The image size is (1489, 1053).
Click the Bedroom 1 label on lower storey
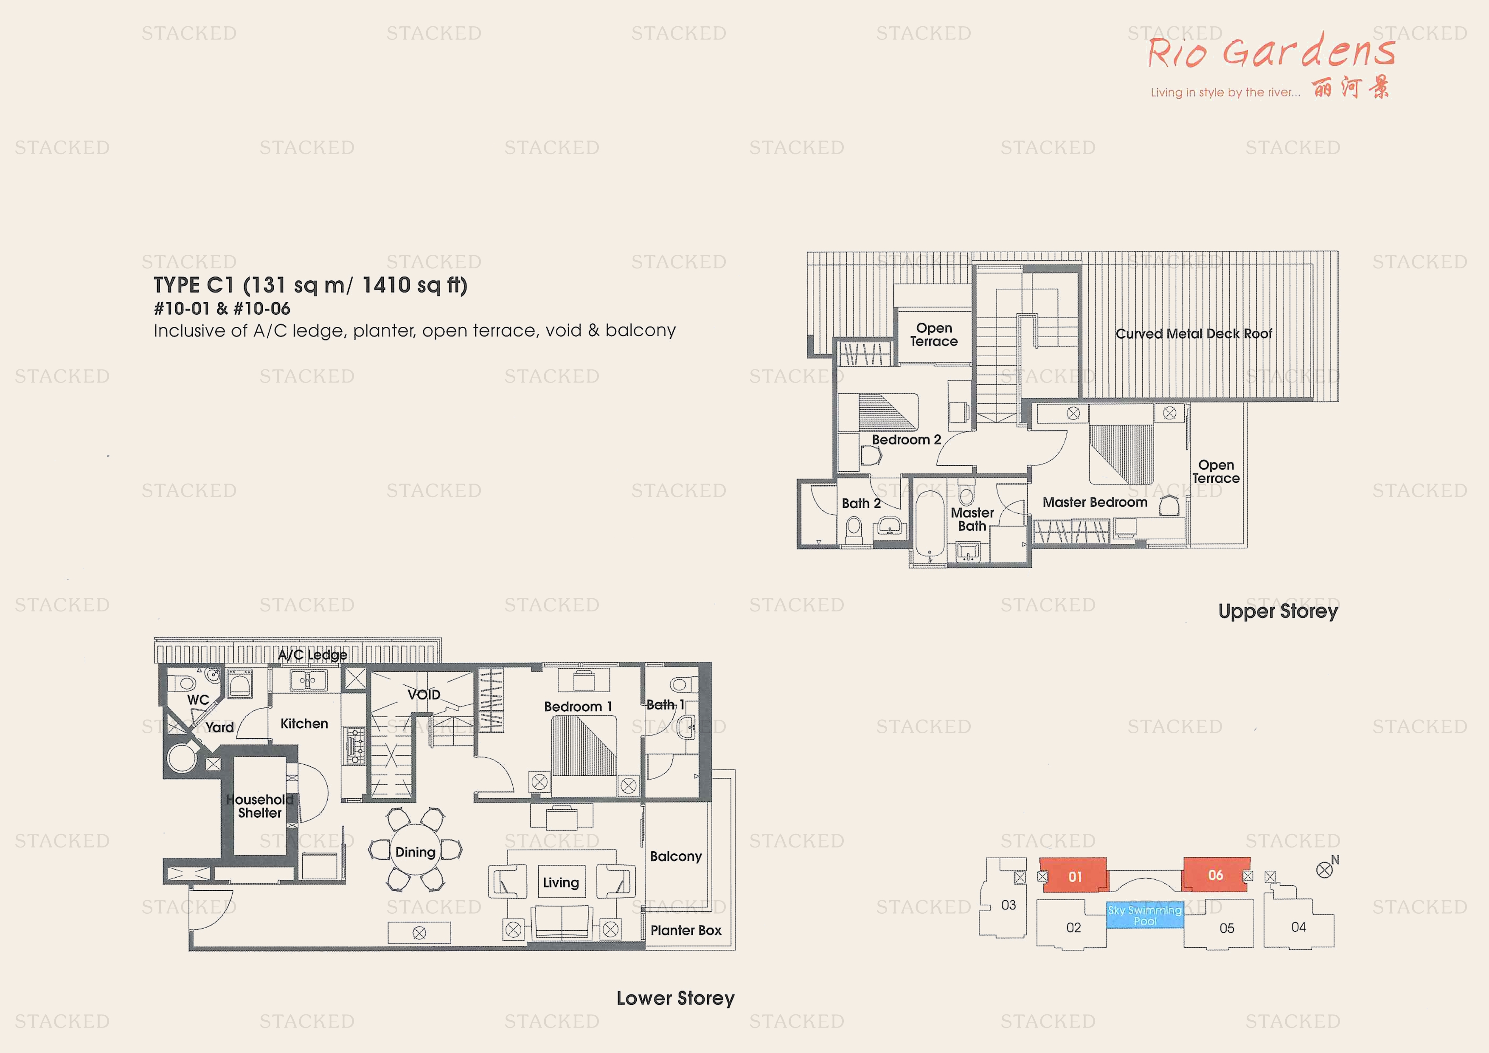pos(577,707)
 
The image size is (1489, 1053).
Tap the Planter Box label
pos(686,930)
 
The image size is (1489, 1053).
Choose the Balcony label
pos(676,856)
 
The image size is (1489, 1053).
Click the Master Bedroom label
pos(1095,502)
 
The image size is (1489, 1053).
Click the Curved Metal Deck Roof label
pos(1193,333)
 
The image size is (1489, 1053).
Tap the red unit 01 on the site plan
pos(1075,876)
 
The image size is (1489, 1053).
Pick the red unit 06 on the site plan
pos(1215,875)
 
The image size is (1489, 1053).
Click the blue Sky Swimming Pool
pos(1145,915)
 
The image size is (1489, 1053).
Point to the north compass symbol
pos(1324,870)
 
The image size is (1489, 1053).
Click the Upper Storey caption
pos(1278,611)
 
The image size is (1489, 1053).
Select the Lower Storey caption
pos(675,998)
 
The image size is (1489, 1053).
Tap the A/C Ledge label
pos(312,655)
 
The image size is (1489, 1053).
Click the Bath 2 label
pos(860,504)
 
